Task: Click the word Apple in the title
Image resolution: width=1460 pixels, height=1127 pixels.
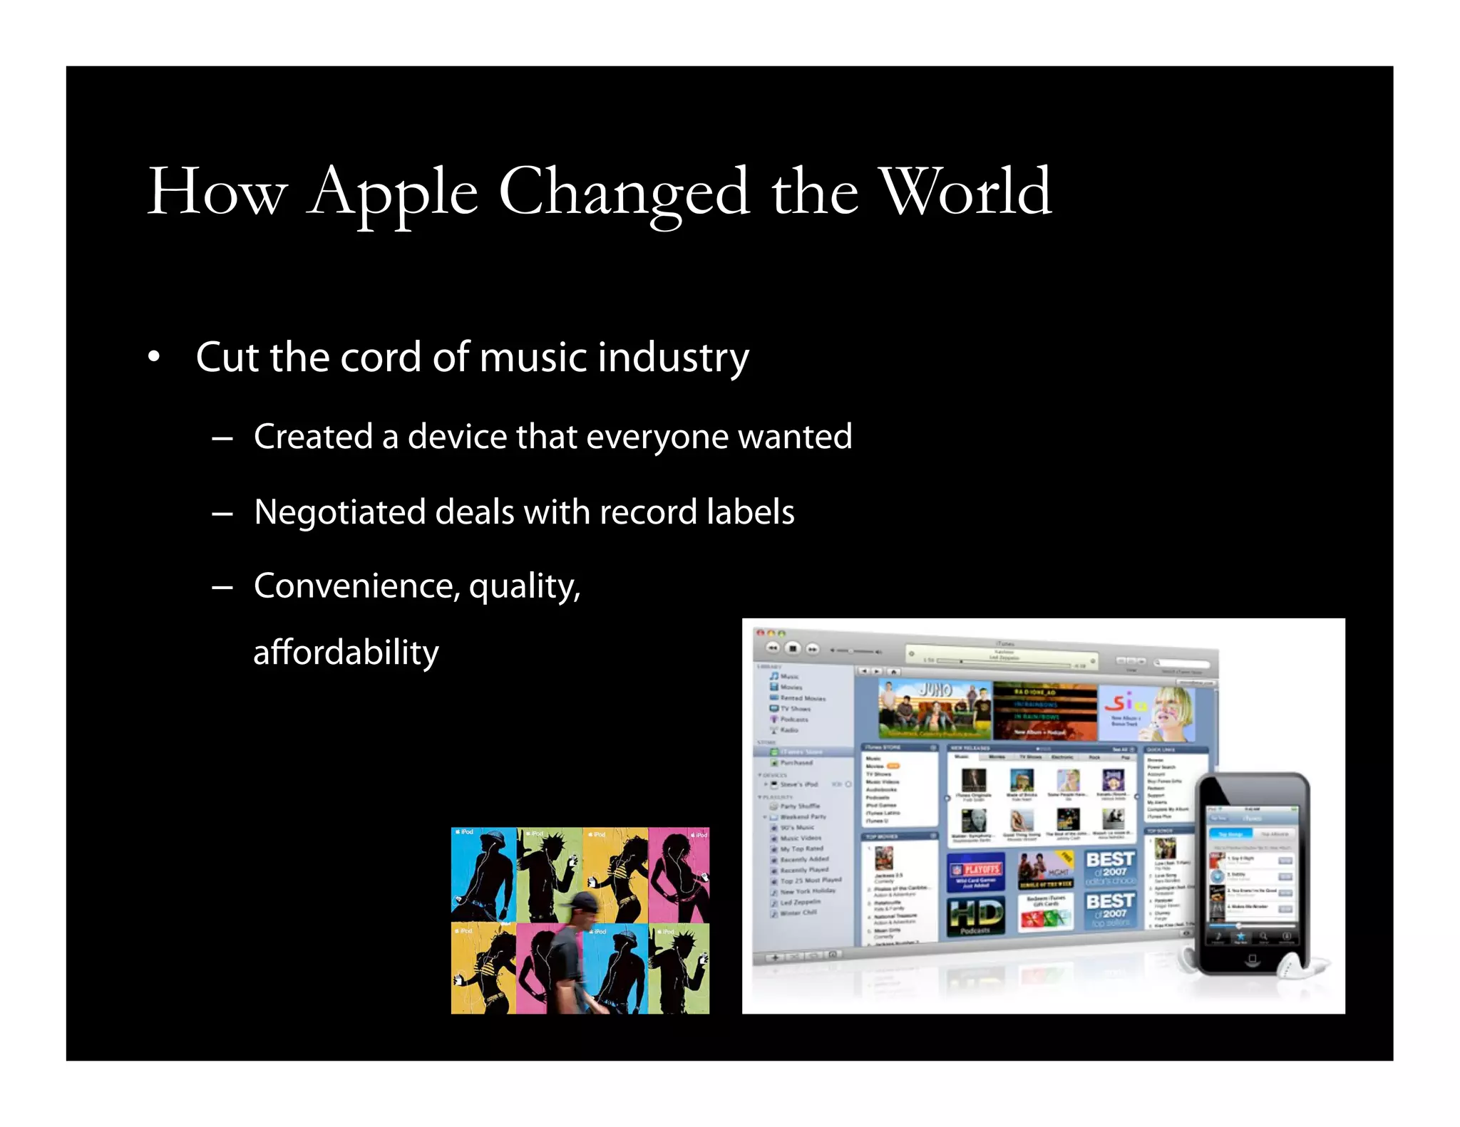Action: click(393, 192)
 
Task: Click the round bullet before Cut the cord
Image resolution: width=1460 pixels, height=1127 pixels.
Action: click(154, 357)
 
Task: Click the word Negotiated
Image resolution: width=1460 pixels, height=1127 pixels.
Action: click(339, 513)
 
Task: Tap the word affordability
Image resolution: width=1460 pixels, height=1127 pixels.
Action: click(346, 653)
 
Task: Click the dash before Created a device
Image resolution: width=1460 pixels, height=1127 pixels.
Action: click(222, 438)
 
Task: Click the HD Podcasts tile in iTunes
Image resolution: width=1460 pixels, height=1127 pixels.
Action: click(976, 916)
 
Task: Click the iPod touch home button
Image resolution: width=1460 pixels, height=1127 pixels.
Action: click(1252, 960)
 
